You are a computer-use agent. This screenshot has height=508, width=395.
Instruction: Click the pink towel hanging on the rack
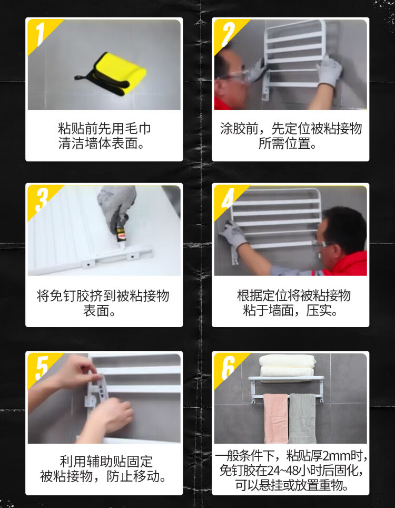(x=275, y=418)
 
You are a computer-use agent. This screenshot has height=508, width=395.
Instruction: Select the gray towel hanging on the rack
(x=302, y=418)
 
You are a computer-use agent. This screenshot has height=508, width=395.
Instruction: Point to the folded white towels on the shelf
(x=287, y=366)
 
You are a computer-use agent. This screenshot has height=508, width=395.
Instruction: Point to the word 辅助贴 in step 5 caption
(x=106, y=462)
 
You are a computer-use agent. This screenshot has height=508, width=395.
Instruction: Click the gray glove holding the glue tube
(x=117, y=205)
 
